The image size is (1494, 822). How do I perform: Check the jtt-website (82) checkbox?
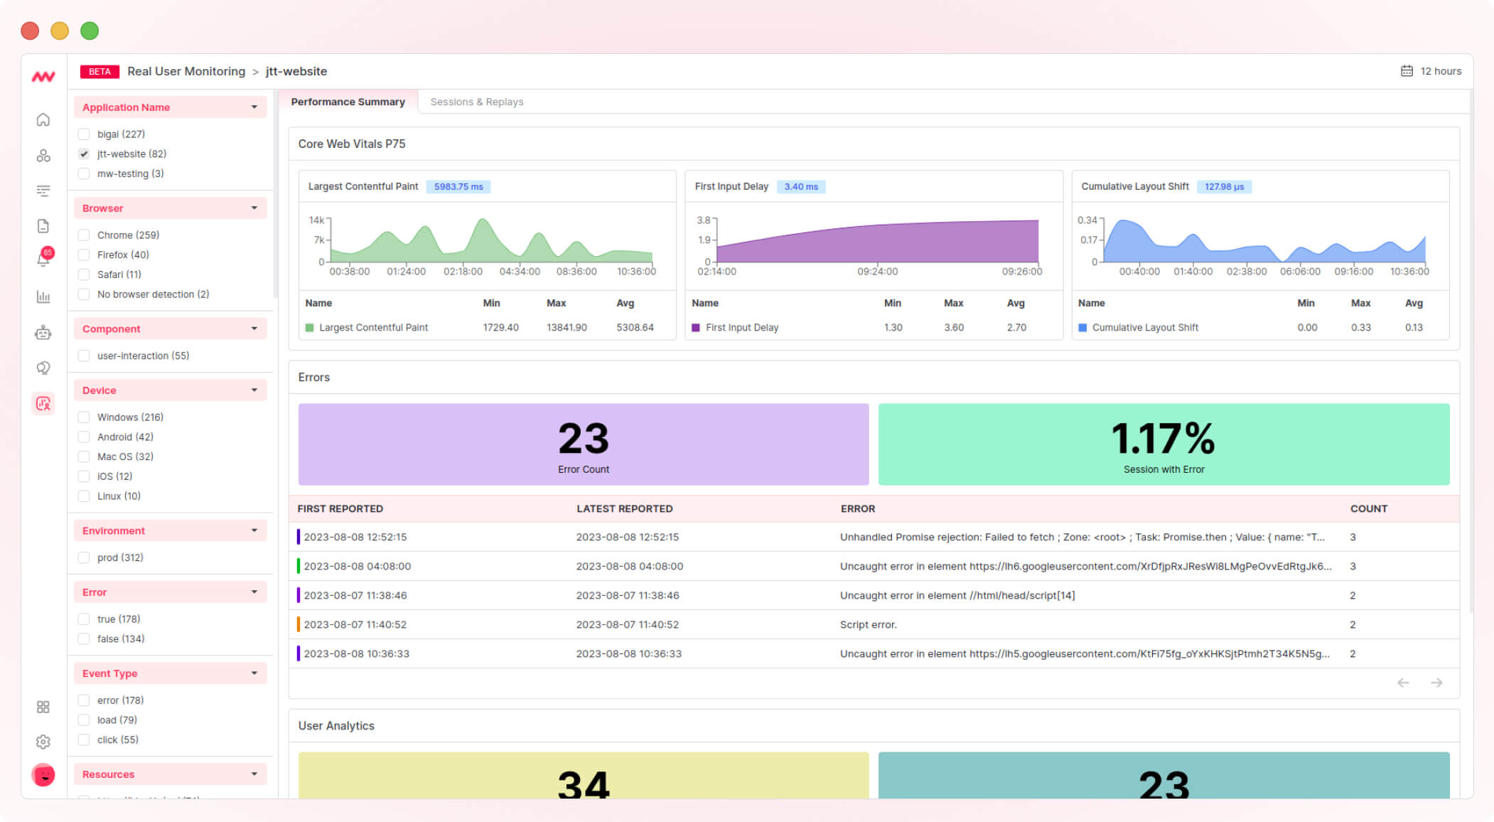(x=84, y=154)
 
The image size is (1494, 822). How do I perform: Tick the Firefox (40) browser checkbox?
(x=84, y=255)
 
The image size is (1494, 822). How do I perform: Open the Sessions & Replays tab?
(x=476, y=102)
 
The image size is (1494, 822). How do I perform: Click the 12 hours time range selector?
(x=1431, y=71)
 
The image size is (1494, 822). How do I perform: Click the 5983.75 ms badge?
(x=458, y=186)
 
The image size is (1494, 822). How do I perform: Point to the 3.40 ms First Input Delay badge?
(x=800, y=186)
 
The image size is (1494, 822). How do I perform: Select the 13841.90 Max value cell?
(x=566, y=327)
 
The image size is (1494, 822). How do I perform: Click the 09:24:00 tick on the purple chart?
(x=877, y=271)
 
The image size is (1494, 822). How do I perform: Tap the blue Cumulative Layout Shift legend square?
(x=1082, y=328)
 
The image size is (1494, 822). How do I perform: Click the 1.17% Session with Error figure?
(x=1163, y=439)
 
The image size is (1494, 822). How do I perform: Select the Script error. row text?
(x=868, y=624)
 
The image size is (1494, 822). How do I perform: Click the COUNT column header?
(x=1368, y=508)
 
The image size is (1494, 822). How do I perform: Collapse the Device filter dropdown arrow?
(x=254, y=390)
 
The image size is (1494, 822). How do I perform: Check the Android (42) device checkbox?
(x=84, y=437)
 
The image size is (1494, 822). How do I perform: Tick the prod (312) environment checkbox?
(x=84, y=557)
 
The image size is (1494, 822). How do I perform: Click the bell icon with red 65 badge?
(x=43, y=259)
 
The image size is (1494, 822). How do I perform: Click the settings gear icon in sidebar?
(x=43, y=742)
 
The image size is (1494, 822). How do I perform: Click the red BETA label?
(x=100, y=71)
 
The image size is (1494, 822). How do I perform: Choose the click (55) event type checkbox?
(x=84, y=740)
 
